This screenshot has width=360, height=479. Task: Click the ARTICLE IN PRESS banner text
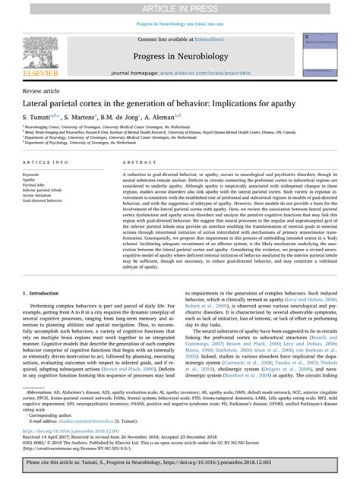[180, 6]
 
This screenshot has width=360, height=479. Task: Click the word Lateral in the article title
[40, 102]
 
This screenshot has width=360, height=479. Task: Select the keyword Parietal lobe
[38, 185]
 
